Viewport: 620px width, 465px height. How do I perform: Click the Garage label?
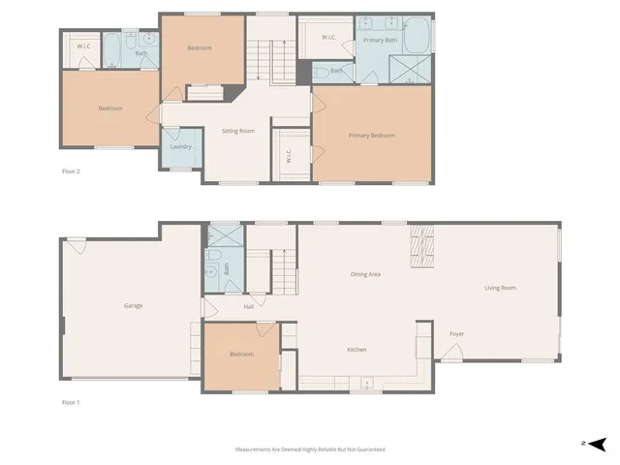(133, 306)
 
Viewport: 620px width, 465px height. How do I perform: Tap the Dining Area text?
(365, 274)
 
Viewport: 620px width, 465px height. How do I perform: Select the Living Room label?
(500, 288)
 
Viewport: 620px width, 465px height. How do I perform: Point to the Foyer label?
(456, 334)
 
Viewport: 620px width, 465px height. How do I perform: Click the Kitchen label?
(356, 350)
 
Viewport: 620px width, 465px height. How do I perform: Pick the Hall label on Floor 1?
(249, 307)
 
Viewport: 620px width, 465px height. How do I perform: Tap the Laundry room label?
(181, 147)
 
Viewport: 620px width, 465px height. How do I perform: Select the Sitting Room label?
(238, 130)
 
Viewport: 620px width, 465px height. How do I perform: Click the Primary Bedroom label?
(372, 136)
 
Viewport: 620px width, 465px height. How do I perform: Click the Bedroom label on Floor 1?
(241, 355)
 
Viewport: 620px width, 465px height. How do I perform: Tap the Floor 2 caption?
(71, 171)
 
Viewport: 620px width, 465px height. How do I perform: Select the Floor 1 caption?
(71, 401)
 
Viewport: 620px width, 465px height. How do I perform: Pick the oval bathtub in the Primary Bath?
(417, 36)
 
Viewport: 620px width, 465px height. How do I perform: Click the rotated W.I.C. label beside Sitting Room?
(288, 156)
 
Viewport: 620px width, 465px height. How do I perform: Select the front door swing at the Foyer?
(450, 354)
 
